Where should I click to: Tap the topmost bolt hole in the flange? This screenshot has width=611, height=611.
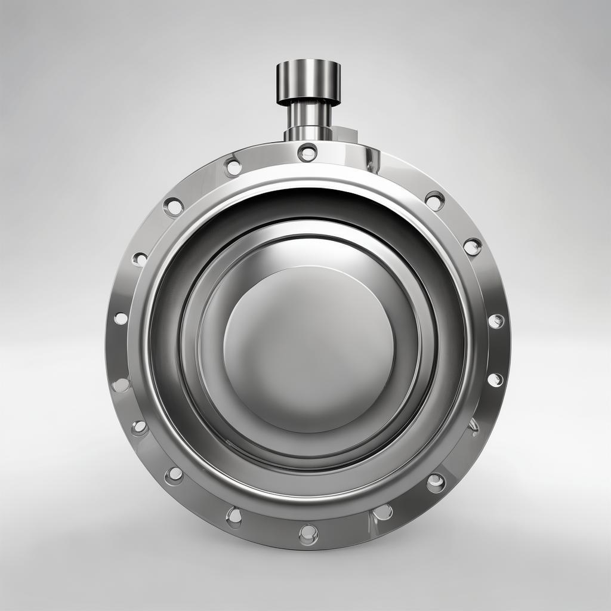point(307,153)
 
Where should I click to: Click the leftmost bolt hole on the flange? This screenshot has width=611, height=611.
point(121,319)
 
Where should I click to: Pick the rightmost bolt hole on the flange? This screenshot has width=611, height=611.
point(496,321)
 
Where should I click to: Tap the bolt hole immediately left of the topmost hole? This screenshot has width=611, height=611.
point(233,167)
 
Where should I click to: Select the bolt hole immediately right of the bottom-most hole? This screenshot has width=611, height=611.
point(382,512)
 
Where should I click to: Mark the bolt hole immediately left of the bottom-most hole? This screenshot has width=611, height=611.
point(234,516)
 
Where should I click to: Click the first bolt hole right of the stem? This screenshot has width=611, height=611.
point(434,201)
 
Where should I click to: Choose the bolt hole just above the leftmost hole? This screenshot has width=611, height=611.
point(140,259)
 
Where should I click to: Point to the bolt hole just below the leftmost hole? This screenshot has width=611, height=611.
point(121,385)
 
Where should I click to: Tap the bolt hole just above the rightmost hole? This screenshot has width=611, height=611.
point(472,246)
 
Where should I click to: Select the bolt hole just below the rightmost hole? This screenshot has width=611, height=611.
point(495,379)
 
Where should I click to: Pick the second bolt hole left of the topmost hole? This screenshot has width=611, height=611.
point(174,207)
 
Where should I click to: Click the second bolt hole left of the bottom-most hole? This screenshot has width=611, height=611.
point(174,475)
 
